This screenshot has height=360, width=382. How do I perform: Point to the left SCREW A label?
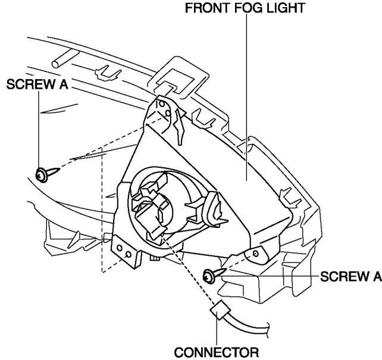37,85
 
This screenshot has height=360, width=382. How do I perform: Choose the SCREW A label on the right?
350,276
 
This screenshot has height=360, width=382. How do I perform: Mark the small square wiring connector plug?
219,312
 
